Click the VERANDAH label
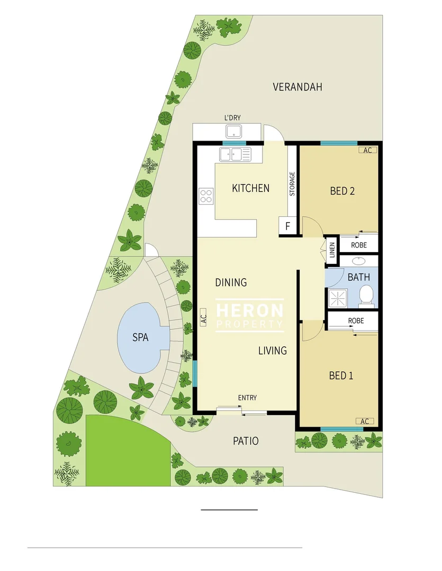pyautogui.click(x=297, y=87)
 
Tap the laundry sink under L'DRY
pyautogui.click(x=233, y=131)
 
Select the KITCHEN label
pyautogui.click(x=250, y=188)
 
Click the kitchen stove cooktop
pyautogui.click(x=205, y=196)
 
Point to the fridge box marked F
pyautogui.click(x=287, y=226)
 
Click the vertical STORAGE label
pyautogui.click(x=292, y=184)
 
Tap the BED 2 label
pyautogui.click(x=342, y=191)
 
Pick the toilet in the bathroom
pyautogui.click(x=365, y=296)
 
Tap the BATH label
pyautogui.click(x=359, y=277)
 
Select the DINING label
pyautogui.click(x=231, y=282)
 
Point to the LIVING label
pyautogui.click(x=273, y=350)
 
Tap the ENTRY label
pyautogui.click(x=247, y=398)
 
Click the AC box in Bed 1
pyautogui.click(x=364, y=421)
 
